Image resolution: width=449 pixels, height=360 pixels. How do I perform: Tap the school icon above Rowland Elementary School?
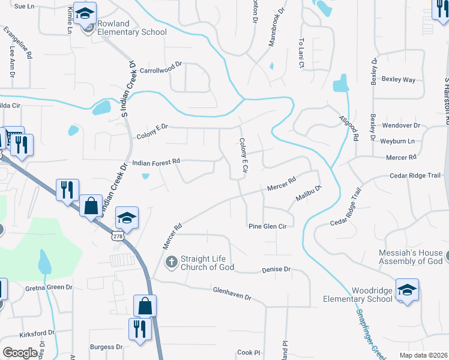click(86, 13)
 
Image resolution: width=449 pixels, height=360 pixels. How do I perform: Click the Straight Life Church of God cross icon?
click(171, 262)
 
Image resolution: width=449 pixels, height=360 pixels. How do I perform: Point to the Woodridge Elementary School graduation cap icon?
click(407, 290)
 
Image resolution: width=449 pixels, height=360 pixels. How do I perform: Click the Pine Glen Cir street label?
click(268, 226)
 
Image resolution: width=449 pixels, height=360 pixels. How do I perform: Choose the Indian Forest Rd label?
click(156, 162)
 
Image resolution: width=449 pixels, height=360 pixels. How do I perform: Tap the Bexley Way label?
click(399, 79)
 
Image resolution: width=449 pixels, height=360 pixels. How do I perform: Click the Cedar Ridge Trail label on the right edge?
click(415, 176)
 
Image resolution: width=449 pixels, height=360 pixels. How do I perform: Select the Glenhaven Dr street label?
click(231, 293)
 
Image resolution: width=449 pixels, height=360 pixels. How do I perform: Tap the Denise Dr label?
click(276, 270)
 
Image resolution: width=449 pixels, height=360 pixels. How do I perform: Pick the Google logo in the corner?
click(20, 352)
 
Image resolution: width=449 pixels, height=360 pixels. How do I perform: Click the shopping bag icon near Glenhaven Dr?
click(145, 306)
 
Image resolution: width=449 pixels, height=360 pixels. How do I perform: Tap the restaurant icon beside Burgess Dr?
click(139, 329)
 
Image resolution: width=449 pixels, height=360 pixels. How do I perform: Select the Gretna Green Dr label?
click(49, 288)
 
